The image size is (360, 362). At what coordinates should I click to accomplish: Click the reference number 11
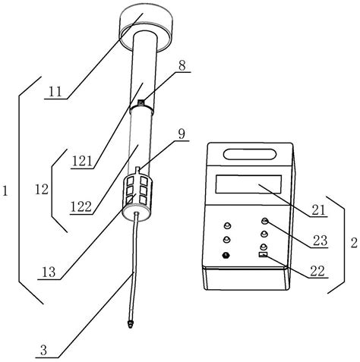[55, 92]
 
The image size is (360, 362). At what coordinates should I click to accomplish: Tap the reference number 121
[82, 161]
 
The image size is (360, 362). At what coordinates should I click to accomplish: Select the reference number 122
[81, 206]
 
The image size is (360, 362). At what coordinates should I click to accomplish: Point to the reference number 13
[49, 272]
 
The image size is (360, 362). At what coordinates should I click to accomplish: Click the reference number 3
[44, 351]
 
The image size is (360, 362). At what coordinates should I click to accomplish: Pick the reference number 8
[182, 65]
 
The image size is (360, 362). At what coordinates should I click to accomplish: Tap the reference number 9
[182, 134]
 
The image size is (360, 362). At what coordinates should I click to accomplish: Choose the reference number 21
[318, 209]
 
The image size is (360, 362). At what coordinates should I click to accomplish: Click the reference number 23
[321, 241]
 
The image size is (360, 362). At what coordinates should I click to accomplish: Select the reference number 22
[317, 271]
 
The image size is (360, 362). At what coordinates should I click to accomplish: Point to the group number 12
[42, 189]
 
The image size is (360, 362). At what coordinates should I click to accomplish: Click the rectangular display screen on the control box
[248, 184]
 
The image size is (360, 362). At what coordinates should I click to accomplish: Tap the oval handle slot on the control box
[250, 154]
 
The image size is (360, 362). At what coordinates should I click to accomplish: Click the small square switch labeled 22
[263, 254]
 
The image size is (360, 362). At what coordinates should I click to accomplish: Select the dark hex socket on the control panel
[226, 255]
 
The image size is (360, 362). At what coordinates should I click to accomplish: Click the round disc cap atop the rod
[146, 28]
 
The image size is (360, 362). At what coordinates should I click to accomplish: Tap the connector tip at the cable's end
[131, 324]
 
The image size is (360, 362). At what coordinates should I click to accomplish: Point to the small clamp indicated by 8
[141, 102]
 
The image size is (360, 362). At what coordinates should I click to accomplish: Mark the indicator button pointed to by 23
[264, 221]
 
